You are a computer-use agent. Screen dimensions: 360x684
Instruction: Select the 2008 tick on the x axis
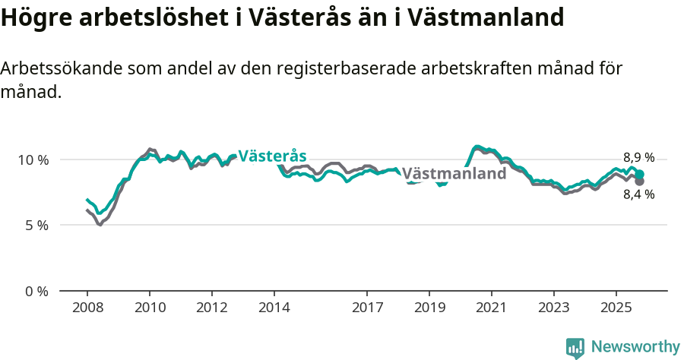pos(87,308)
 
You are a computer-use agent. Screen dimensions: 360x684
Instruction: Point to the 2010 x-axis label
pos(150,308)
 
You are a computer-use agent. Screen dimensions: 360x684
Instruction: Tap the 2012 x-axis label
pos(211,308)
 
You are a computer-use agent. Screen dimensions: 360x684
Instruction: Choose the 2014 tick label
pos(274,308)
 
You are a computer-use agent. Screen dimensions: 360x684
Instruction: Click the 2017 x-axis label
pos(367,308)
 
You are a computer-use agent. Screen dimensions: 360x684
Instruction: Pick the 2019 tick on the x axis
pos(429,308)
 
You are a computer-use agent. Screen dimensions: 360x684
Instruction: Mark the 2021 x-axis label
pos(492,308)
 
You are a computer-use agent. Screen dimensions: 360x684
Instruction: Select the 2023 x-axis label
pos(553,308)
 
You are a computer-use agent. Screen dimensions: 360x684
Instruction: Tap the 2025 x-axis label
pos(616,308)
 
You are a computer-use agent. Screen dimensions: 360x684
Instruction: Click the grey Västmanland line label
pos(454,174)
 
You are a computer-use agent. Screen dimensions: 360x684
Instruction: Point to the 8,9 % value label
pos(638,158)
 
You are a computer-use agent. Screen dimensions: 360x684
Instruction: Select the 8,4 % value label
pos(638,194)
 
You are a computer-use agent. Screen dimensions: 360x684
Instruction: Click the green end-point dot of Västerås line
pos(640,175)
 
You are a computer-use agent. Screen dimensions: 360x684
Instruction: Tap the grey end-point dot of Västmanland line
pos(640,182)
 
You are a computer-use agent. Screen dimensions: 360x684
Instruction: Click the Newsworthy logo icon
pos(575,348)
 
